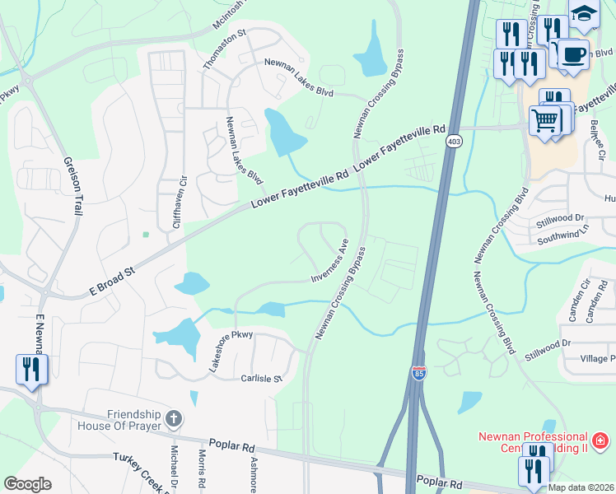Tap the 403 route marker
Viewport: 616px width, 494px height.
[455, 142]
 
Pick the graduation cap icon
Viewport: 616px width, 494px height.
[583, 14]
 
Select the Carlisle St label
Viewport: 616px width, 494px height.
[261, 380]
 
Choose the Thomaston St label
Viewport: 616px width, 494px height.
[224, 50]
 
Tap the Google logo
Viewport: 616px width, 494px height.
[27, 484]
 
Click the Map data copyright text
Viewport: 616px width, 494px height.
[581, 487]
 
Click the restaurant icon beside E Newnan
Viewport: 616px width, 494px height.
[31, 369]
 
